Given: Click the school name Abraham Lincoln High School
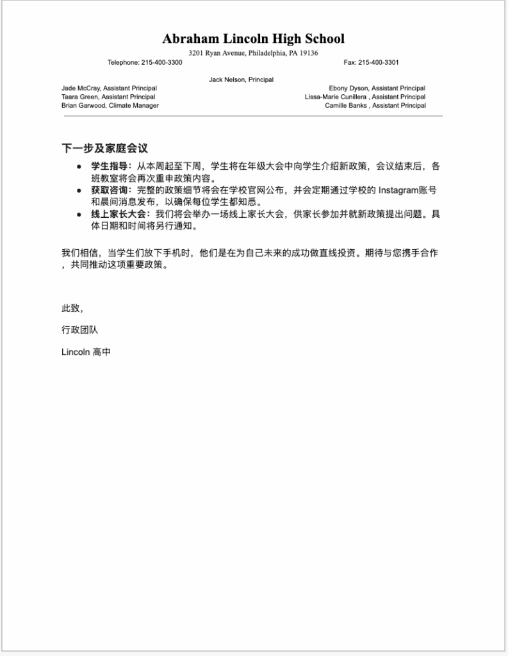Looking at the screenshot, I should tap(253, 39).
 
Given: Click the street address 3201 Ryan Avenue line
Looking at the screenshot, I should tap(253, 53).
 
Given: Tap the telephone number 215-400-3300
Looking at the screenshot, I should tap(161, 63).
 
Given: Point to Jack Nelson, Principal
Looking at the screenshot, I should tap(241, 80).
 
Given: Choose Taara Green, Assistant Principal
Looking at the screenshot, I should tap(108, 97).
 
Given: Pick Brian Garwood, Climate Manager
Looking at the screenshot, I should tap(110, 106).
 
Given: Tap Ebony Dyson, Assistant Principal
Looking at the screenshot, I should tap(377, 88).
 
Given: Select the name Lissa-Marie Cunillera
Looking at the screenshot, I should tap(336, 97).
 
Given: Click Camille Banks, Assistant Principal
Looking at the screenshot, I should tap(375, 106).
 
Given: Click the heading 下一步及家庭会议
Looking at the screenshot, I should tap(104, 149).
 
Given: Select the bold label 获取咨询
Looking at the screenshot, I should tap(109, 190).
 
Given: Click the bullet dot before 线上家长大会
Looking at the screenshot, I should tap(79, 215).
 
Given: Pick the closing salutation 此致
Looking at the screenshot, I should tap(72, 309).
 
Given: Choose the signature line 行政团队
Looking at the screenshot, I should tap(80, 330).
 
